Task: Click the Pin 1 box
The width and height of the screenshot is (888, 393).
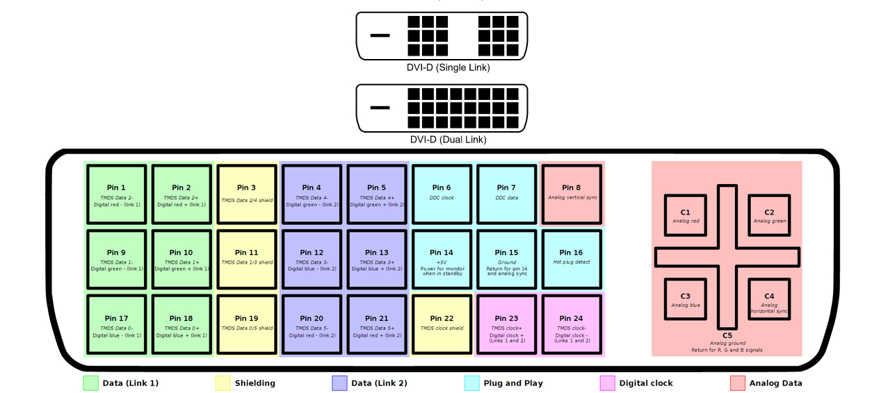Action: pyautogui.click(x=116, y=194)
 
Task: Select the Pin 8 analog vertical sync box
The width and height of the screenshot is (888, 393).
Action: pyautogui.click(x=572, y=194)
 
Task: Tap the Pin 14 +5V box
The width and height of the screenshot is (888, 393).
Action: pyautogui.click(x=442, y=259)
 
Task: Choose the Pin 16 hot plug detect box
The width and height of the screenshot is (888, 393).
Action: pyautogui.click(x=572, y=259)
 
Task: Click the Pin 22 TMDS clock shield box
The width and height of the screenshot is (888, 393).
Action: pyautogui.click(x=442, y=324)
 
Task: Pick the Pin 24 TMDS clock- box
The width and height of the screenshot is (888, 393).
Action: pyautogui.click(x=572, y=324)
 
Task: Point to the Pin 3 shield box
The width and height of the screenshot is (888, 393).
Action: pyautogui.click(x=246, y=194)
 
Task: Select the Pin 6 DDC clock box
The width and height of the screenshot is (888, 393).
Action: pyautogui.click(x=442, y=194)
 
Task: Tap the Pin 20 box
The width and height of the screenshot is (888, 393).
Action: pyautogui.click(x=312, y=324)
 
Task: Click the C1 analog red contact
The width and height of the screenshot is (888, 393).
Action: pyautogui.click(x=686, y=216)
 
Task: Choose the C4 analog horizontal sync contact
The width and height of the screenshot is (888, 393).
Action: pyautogui.click(x=769, y=299)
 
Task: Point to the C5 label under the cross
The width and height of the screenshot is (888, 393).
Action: pyautogui.click(x=727, y=335)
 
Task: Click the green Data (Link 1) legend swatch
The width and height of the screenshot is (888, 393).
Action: pyautogui.click(x=90, y=383)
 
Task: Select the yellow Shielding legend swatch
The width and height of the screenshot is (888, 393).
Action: pyautogui.click(x=223, y=383)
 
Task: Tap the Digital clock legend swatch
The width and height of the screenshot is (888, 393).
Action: pyautogui.click(x=607, y=383)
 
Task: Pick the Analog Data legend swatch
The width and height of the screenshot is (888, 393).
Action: pyautogui.click(x=738, y=383)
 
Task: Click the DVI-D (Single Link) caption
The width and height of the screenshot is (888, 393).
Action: pyautogui.click(x=448, y=68)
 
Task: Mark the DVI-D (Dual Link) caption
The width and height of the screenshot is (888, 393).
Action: pyautogui.click(x=448, y=140)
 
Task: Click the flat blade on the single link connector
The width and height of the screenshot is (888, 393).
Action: pyautogui.click(x=380, y=35)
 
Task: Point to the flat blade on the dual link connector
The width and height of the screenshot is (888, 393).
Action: pyautogui.click(x=380, y=108)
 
